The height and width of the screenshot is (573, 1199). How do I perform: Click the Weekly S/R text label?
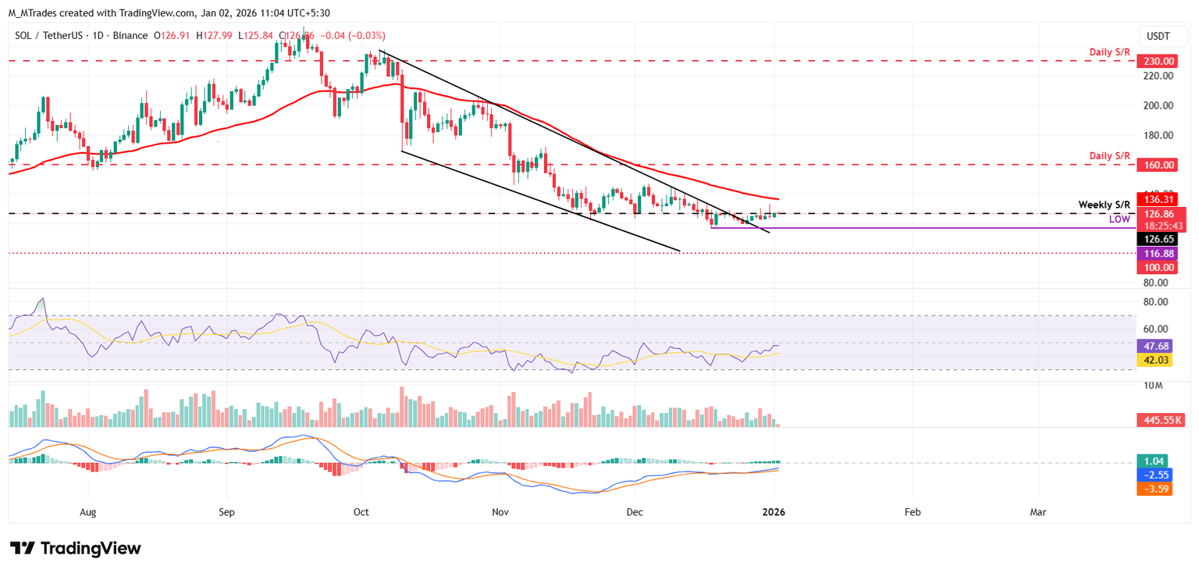(1104, 205)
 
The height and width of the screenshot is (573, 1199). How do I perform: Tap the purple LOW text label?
(1119, 220)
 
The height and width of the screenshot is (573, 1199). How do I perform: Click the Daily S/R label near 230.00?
(1110, 52)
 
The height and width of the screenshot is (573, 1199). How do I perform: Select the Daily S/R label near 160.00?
(1110, 156)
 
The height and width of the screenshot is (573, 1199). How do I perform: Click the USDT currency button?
(1158, 36)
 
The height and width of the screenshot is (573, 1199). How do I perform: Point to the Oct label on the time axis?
(361, 512)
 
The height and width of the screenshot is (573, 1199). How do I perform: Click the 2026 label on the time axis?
(774, 512)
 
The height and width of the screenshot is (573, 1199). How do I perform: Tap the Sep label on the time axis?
(226, 512)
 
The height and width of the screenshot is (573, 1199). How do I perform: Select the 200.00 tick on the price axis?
(1157, 105)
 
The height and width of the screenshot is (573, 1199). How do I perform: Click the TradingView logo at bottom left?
(76, 548)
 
